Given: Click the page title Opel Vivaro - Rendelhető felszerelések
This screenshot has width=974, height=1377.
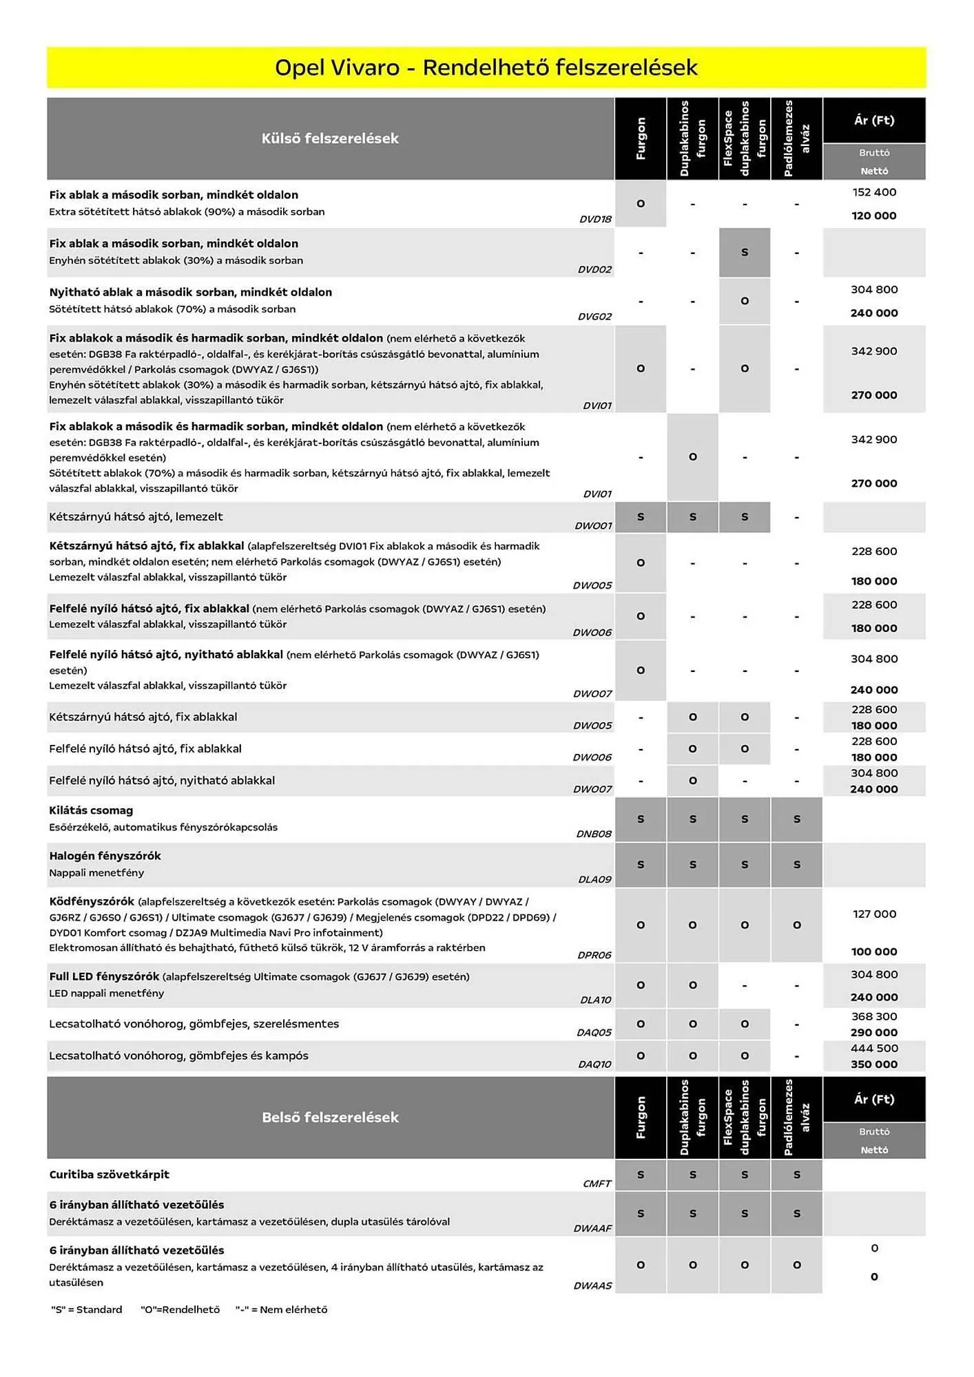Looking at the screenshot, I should click(486, 67).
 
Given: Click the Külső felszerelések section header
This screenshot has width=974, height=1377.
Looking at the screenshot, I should click(330, 138).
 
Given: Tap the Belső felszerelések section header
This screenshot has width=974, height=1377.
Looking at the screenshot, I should click(330, 1117).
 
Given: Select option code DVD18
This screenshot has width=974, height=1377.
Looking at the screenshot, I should click(595, 219).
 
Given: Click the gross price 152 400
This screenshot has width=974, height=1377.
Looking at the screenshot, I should click(874, 192).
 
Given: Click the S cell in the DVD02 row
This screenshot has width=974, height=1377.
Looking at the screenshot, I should click(744, 253).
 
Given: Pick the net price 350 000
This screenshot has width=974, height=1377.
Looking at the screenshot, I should click(874, 1064).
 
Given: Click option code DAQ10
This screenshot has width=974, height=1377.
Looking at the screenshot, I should click(594, 1064).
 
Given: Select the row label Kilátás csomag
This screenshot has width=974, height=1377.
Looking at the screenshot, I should click(91, 810).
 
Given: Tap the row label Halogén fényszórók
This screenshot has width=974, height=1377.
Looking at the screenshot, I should click(105, 856).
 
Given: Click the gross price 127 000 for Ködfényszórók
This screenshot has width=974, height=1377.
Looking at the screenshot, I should click(874, 914).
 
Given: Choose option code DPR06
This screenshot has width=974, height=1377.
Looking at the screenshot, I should click(594, 955).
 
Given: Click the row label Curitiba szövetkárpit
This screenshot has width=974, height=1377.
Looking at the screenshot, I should click(109, 1175).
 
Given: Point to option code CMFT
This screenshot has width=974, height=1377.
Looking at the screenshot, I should click(597, 1184).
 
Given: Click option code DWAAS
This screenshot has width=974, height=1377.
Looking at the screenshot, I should click(592, 1285).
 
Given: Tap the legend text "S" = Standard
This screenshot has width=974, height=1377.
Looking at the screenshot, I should click(87, 1310).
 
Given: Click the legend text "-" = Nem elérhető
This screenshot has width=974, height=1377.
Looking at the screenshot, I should click(281, 1310).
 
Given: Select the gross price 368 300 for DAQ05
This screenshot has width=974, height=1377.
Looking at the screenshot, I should click(874, 1016).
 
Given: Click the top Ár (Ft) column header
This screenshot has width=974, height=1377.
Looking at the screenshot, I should click(874, 120).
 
